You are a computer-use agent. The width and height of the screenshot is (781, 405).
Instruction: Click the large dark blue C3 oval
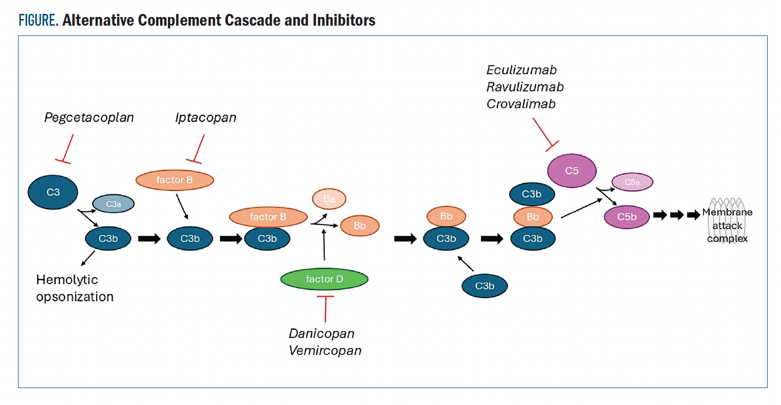(x=53, y=192)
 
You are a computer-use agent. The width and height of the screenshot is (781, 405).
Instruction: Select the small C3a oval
(x=113, y=204)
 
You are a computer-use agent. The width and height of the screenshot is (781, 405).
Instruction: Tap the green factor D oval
(x=324, y=279)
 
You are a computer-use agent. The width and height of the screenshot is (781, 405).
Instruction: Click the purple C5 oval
(x=571, y=171)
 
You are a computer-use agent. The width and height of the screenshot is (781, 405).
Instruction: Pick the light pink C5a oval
(x=632, y=182)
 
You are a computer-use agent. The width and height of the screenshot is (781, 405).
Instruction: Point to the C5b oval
(x=626, y=217)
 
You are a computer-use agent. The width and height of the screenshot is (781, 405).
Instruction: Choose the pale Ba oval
(x=329, y=199)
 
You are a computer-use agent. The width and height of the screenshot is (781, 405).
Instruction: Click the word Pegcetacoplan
(x=89, y=118)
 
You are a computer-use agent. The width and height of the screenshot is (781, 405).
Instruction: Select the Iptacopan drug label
(x=206, y=118)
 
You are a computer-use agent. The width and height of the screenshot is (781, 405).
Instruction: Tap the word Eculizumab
(x=522, y=70)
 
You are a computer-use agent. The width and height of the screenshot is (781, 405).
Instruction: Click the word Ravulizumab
(x=525, y=87)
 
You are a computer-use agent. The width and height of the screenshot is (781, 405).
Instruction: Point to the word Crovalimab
(x=521, y=104)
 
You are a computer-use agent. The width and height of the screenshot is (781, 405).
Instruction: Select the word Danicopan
(x=322, y=334)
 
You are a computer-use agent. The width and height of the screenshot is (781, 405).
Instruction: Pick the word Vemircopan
(x=325, y=351)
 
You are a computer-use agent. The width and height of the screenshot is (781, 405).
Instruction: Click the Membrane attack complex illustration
(x=727, y=221)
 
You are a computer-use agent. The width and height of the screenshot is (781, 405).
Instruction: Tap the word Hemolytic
(x=67, y=280)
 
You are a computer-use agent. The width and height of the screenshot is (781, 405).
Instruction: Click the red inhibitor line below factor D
(x=325, y=308)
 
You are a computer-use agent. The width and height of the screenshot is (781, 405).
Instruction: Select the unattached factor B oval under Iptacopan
(x=175, y=180)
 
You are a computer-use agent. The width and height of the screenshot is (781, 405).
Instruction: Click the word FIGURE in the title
(x=39, y=21)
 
